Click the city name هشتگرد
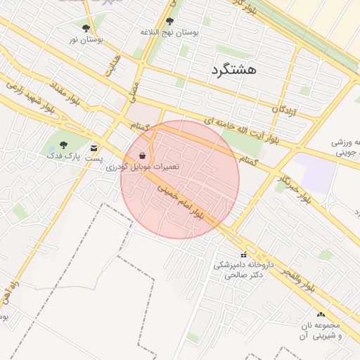click(233, 69)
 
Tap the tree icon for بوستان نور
click(86, 29)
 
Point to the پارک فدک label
click(63, 154)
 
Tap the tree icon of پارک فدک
click(63, 144)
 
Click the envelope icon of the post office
click(94, 148)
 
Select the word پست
click(94, 159)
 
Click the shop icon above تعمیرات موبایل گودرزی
click(143, 155)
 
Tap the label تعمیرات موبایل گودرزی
click(143, 167)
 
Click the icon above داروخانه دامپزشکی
click(244, 255)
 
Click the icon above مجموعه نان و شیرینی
click(321, 314)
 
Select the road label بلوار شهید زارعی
click(30, 98)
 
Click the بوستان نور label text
click(86, 40)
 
